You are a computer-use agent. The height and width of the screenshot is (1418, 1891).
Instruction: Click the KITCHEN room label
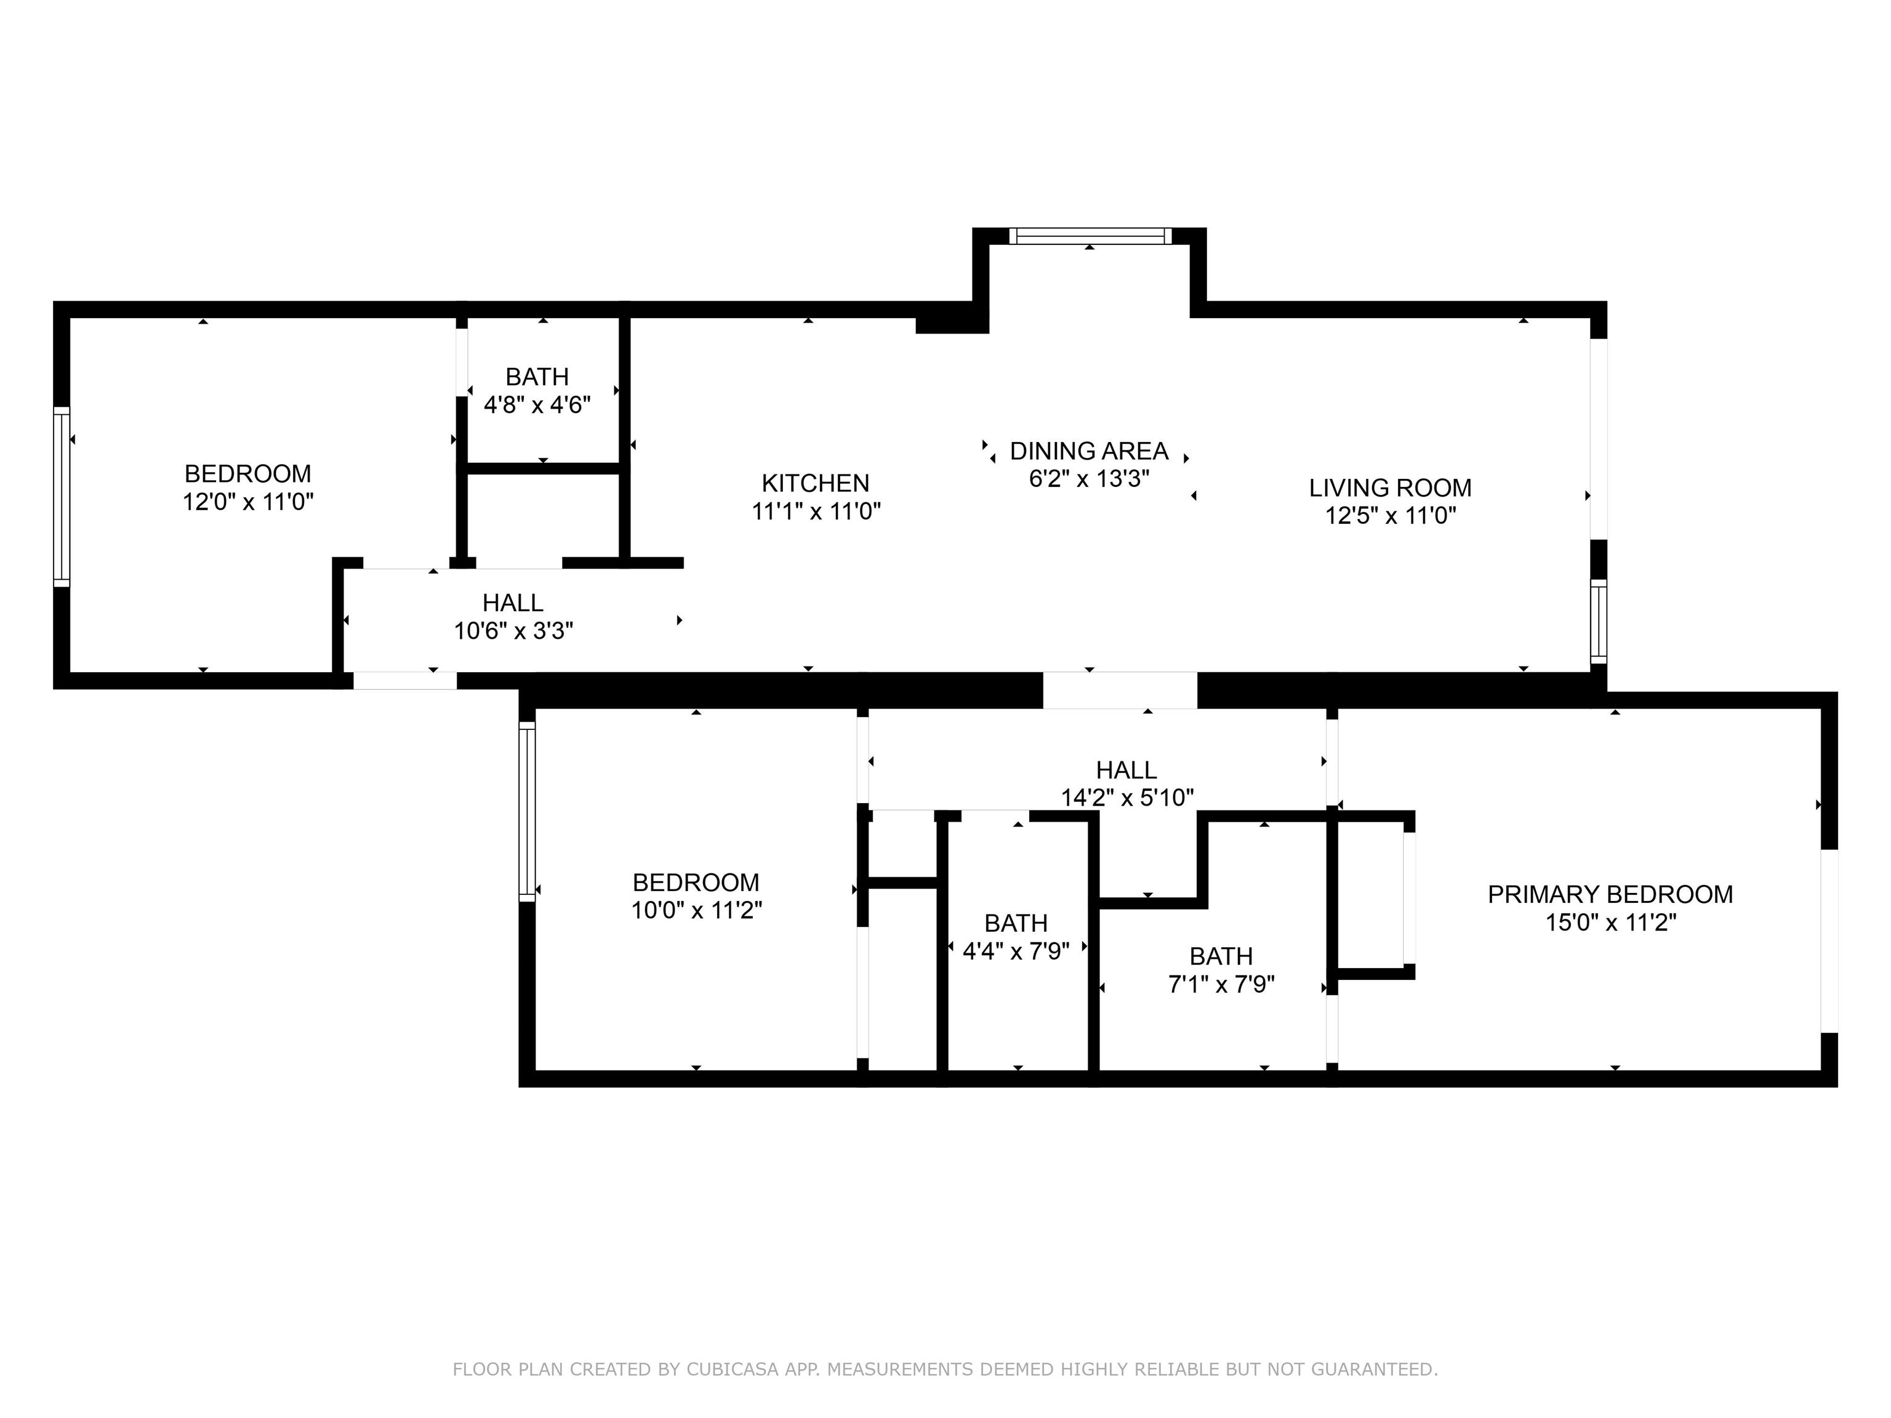tap(815, 483)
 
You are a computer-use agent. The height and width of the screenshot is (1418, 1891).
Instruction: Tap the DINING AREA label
tap(1089, 451)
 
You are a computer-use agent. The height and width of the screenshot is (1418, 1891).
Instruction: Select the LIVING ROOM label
tap(1390, 488)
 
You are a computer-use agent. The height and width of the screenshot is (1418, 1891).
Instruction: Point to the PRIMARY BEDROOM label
tap(1610, 894)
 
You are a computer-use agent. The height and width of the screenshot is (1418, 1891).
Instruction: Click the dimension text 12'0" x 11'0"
tap(248, 502)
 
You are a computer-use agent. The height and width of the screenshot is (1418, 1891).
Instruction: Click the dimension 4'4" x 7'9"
tap(1016, 951)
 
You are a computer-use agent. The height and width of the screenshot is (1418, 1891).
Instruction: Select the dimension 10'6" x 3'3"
tap(513, 631)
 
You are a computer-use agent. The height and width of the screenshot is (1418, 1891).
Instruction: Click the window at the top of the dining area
tap(1090, 236)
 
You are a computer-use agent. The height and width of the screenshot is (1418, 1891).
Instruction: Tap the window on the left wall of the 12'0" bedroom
tap(62, 497)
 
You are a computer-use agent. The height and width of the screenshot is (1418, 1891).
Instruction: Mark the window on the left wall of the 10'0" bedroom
tap(528, 811)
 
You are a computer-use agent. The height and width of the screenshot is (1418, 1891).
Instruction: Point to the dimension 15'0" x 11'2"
tap(1610, 923)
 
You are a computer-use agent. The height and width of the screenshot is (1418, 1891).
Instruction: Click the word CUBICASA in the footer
tap(733, 1369)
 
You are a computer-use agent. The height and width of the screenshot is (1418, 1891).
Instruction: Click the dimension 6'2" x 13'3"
tap(1089, 479)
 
